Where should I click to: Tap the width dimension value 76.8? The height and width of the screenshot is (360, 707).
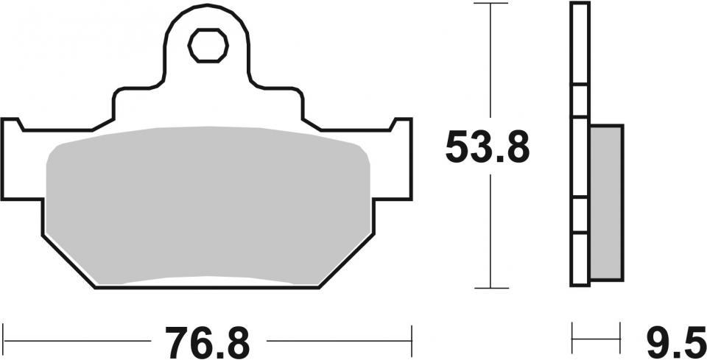(x=208, y=342)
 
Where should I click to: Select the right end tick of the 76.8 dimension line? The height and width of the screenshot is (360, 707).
(x=410, y=342)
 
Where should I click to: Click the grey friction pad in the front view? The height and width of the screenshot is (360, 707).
(x=208, y=206)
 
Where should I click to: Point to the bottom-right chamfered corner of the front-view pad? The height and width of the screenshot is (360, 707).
(x=346, y=261)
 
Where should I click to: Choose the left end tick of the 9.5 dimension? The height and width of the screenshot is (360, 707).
(x=572, y=342)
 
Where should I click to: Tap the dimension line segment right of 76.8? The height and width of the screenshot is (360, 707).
(x=339, y=342)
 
